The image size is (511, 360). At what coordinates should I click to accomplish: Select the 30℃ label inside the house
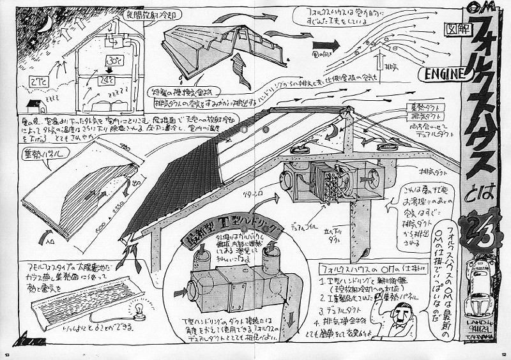(x=114, y=59)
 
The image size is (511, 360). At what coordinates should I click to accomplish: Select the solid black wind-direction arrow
(x=326, y=46)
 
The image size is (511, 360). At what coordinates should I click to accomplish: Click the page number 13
(x=7, y=355)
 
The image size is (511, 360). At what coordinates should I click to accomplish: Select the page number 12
(x=504, y=355)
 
